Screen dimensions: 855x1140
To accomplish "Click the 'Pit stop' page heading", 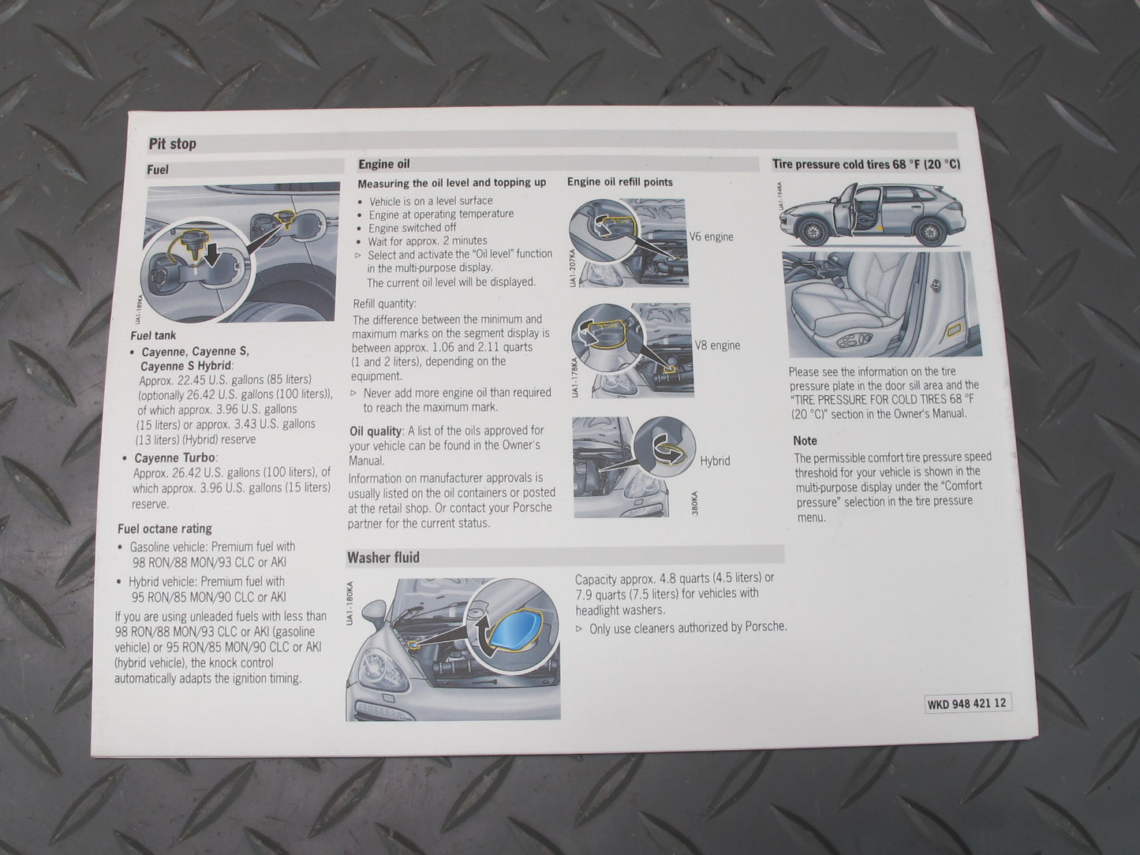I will (173, 144).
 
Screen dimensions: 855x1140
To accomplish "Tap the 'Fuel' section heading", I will (158, 170).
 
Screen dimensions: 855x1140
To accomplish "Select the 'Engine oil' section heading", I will (383, 164).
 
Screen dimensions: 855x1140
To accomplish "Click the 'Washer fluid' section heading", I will (383, 557).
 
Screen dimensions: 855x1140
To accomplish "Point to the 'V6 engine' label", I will (711, 237).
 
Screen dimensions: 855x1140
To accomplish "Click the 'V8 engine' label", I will (716, 345).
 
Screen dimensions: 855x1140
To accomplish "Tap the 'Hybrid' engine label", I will (715, 461).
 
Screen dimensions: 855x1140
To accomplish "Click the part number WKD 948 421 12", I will (967, 704).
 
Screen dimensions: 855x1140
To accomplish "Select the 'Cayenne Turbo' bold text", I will (175, 457).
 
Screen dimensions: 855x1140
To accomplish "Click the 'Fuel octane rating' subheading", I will (165, 528).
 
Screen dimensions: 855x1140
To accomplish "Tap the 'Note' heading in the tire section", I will (805, 441).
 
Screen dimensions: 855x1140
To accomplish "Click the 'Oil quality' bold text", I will (376, 431).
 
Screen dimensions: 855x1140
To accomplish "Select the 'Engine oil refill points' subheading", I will (619, 182).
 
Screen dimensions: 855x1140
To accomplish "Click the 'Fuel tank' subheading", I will (153, 335).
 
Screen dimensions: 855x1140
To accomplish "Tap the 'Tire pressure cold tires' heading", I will (865, 164).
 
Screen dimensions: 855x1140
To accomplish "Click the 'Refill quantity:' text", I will (384, 304).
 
